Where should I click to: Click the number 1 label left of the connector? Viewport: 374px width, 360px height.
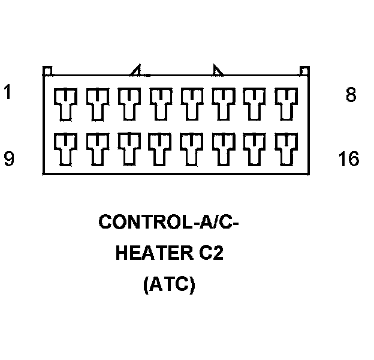pos(8,94)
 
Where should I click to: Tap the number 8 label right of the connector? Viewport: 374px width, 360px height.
pos(351,95)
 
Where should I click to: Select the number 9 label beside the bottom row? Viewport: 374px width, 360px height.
pos(8,159)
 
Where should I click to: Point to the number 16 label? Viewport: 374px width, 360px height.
pos(348,160)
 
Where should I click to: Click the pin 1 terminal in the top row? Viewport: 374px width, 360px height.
pos(63,103)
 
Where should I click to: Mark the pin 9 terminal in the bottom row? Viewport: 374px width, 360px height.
pos(63,146)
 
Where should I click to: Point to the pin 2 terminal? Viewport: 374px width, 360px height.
pos(95,103)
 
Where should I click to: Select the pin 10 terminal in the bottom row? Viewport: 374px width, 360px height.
pos(95,146)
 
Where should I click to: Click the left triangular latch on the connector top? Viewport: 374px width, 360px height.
pos(138,71)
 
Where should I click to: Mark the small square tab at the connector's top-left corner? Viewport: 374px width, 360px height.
pos(47,71)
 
